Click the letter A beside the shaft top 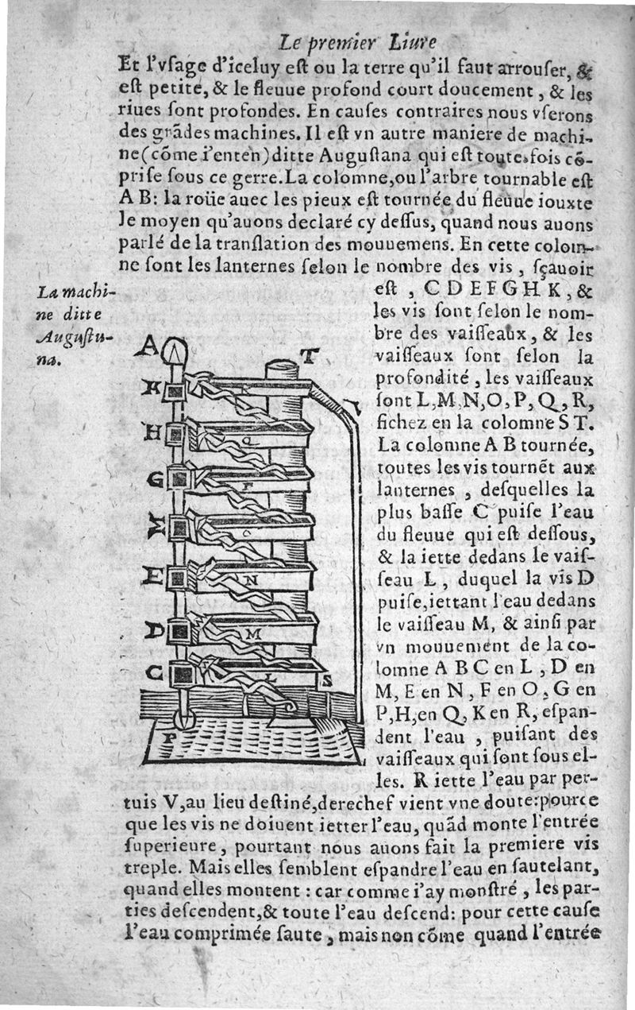(148, 346)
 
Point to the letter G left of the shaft (154, 479)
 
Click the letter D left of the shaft (153, 630)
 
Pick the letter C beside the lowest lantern (155, 674)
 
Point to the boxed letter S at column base (326, 680)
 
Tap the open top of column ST (280, 367)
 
